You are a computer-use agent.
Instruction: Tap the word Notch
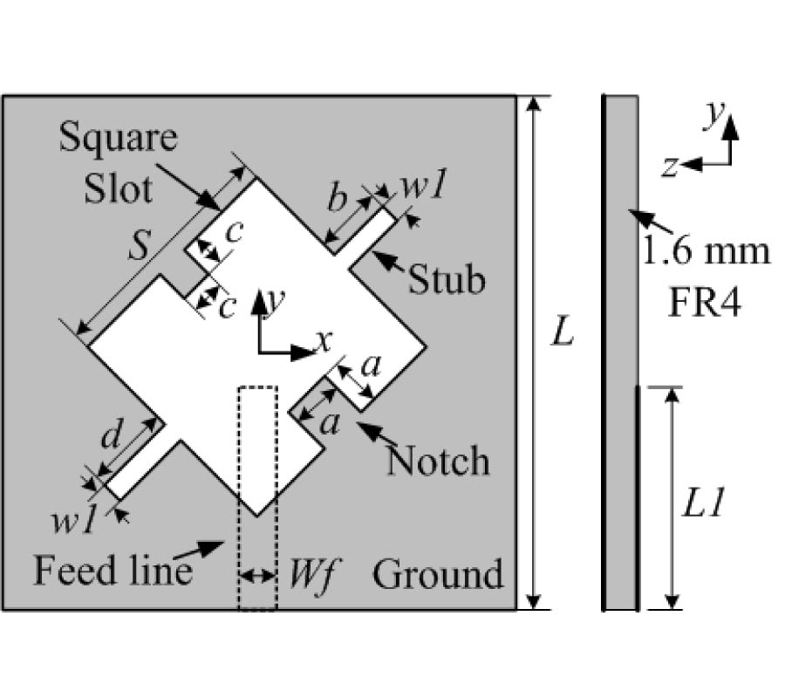(x=438, y=459)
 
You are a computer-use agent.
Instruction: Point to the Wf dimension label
(x=301, y=577)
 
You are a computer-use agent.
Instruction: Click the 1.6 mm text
(x=707, y=253)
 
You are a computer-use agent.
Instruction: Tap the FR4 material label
(x=707, y=305)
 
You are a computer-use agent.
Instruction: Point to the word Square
(x=119, y=138)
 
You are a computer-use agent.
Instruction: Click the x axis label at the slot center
(x=323, y=342)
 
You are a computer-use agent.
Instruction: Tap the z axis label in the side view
(x=670, y=167)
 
